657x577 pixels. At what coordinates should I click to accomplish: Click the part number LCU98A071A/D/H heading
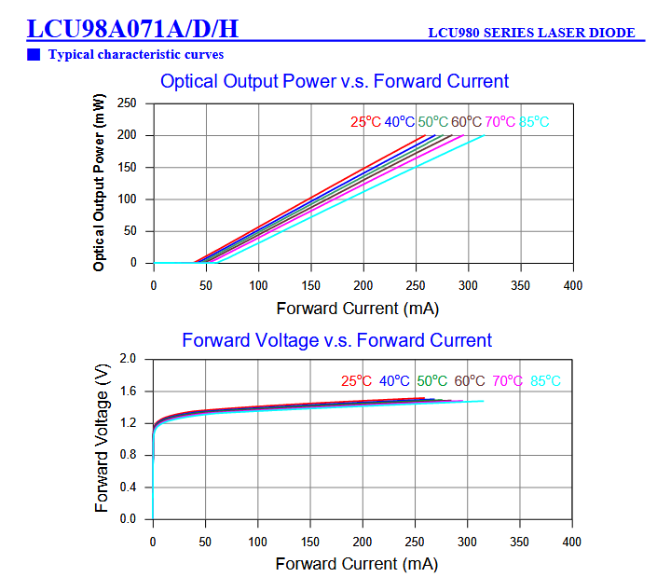point(132,29)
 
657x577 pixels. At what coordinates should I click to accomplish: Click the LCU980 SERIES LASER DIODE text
point(531,33)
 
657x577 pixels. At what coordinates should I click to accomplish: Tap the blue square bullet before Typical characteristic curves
point(34,54)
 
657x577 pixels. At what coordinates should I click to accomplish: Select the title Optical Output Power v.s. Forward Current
point(335,81)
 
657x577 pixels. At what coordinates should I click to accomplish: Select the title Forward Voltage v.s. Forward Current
point(336,340)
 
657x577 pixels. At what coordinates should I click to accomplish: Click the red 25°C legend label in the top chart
point(365,122)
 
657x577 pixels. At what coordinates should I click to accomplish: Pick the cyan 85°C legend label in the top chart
point(534,122)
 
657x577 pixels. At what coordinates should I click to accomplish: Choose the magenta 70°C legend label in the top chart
point(500,122)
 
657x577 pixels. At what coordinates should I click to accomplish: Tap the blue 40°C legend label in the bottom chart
point(394,380)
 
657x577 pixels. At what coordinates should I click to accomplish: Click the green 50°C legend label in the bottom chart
point(432,380)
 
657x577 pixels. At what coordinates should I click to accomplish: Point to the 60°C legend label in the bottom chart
point(470,380)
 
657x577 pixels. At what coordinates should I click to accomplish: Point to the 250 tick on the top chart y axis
point(127,103)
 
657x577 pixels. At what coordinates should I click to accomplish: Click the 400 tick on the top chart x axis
point(573,285)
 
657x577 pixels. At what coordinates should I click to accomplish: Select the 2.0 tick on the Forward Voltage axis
point(129,359)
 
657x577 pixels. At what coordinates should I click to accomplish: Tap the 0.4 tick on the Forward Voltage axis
point(129,487)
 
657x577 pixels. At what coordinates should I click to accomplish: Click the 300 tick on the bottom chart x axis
point(469,542)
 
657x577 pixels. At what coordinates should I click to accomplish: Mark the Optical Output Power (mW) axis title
point(99,184)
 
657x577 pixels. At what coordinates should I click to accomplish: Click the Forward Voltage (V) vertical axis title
point(102,438)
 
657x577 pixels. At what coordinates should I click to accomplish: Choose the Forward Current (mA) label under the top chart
point(357,308)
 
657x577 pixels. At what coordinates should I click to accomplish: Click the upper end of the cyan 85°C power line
point(483,136)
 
